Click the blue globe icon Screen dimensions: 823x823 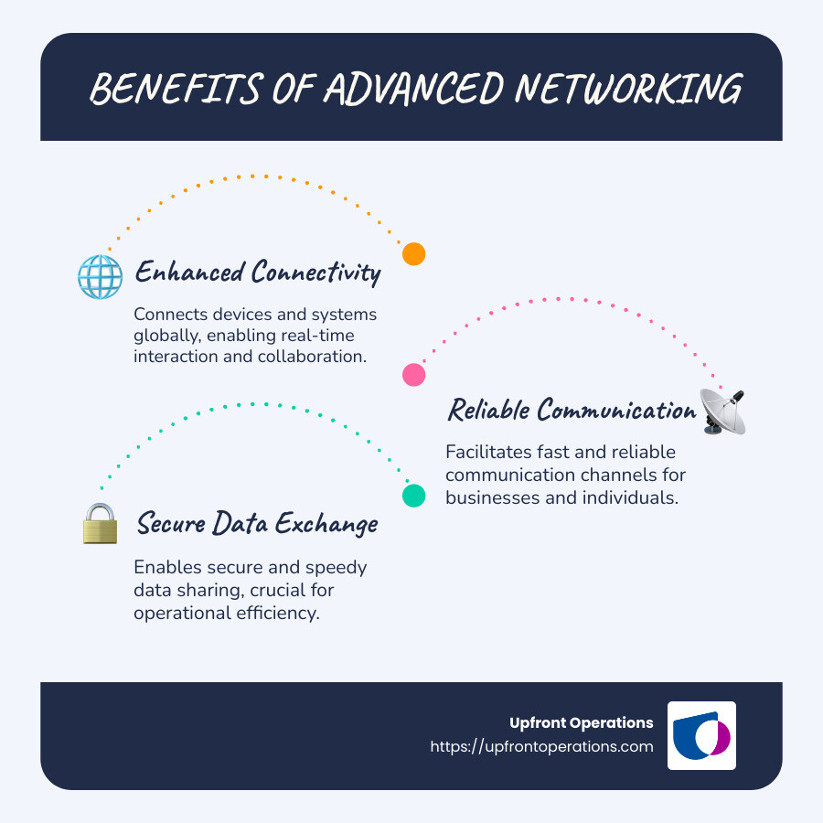(100, 276)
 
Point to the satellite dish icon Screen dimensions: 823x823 (723, 411)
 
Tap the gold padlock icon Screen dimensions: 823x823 (101, 524)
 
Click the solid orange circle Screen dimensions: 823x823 (414, 254)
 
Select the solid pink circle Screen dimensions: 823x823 (414, 374)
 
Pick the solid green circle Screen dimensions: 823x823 (414, 496)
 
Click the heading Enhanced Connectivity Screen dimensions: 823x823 (257, 273)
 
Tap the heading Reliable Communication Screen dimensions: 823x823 (571, 411)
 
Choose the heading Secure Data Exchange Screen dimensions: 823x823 (257, 524)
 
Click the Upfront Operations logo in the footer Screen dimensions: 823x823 (701, 736)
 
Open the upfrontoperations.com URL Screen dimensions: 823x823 (541, 746)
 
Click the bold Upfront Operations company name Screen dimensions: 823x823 (581, 722)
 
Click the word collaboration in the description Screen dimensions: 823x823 (308, 356)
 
